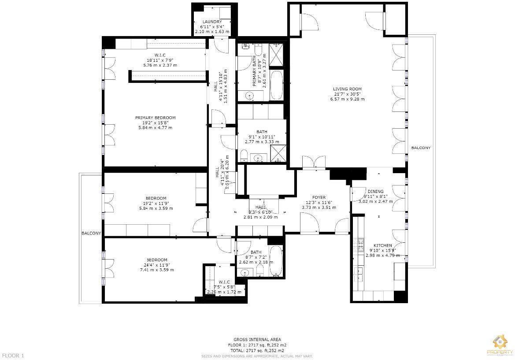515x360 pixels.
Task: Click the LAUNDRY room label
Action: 212,22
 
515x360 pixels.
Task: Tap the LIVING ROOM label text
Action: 347,89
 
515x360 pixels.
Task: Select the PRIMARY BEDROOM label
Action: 155,118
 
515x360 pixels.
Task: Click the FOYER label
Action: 319,197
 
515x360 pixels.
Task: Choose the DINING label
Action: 375,191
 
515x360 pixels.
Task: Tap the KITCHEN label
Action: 382,245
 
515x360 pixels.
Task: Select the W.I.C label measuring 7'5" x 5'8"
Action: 224,282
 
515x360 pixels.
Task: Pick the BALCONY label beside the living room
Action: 421,148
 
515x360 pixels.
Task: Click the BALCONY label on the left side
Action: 91,233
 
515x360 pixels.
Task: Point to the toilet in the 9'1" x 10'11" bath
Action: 244,155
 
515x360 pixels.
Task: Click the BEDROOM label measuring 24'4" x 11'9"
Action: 157,260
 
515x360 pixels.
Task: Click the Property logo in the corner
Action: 500,345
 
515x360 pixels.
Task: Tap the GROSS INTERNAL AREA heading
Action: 257,339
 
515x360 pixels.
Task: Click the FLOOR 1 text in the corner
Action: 13,355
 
